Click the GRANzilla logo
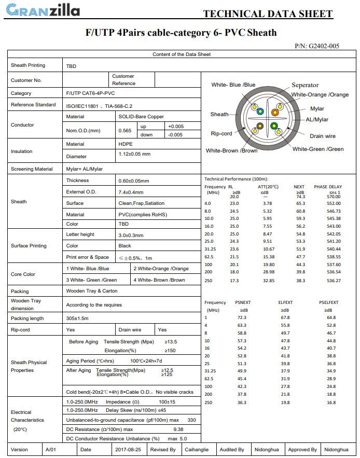pos(44,10)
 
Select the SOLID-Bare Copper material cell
pos(141,117)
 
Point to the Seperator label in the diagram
pos(305,85)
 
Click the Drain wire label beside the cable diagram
pos(323,136)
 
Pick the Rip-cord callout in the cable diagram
pos(221,134)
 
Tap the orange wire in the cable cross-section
pos(275,112)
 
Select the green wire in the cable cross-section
pos(274,126)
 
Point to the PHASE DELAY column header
pos(328,187)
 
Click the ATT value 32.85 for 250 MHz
pos(268,281)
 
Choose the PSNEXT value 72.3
pos(242,317)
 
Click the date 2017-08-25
pos(128,450)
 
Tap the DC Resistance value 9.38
pos(178,429)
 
